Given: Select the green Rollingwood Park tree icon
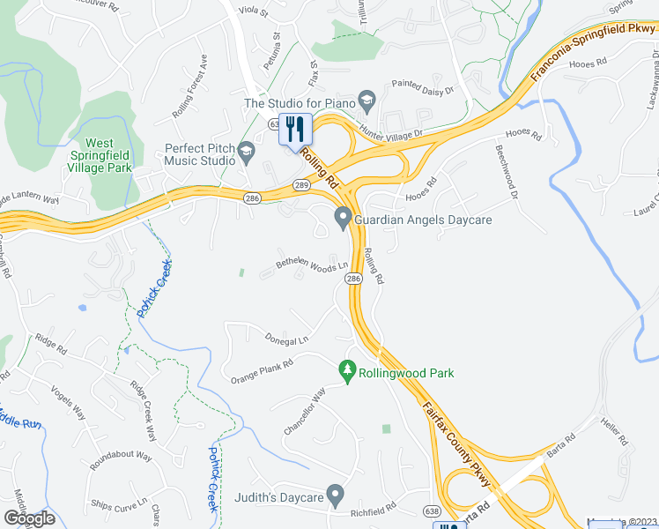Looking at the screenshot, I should [347, 371].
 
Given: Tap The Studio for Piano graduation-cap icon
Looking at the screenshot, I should [368, 104].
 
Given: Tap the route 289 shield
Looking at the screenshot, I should [300, 184].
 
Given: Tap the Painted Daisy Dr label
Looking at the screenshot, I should [423, 89].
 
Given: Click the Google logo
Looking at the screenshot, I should [29, 518].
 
